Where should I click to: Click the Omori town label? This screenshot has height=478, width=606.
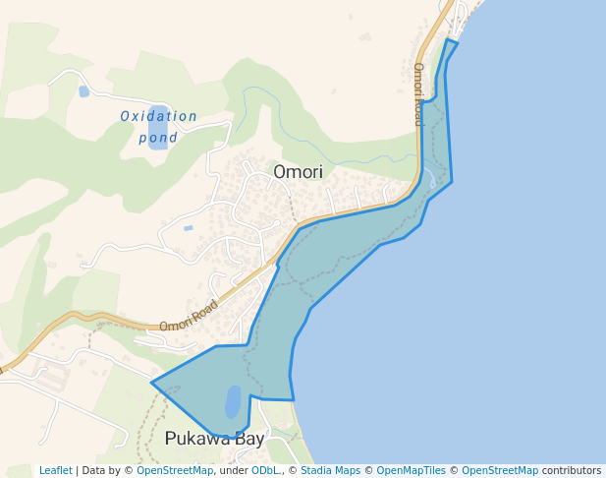[x=298, y=172]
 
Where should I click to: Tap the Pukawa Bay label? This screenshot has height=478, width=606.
[x=214, y=439]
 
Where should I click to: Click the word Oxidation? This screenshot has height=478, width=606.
[x=158, y=116]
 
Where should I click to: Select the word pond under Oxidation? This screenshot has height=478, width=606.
[x=158, y=138]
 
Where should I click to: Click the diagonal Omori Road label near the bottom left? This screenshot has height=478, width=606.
[x=189, y=314]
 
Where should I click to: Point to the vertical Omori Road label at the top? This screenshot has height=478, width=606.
[x=418, y=94]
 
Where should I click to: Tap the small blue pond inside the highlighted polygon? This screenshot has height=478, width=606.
[x=233, y=401]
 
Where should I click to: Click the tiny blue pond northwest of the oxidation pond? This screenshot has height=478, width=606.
[x=83, y=91]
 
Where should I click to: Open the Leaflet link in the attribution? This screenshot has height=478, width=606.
[x=55, y=470]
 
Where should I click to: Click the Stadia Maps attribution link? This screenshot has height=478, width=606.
[x=330, y=470]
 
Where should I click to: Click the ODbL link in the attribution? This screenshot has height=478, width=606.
[x=265, y=470]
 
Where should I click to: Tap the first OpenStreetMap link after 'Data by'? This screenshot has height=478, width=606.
[x=174, y=470]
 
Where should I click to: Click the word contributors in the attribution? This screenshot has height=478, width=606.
[x=572, y=470]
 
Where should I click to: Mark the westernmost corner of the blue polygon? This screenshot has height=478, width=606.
[x=151, y=382]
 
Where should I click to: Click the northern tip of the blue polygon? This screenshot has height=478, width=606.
[x=449, y=40]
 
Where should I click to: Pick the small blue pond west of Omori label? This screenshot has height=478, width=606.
[x=188, y=228]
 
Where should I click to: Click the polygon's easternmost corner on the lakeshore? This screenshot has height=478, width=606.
[x=452, y=181]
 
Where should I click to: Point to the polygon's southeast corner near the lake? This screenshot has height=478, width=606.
[x=294, y=400]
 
